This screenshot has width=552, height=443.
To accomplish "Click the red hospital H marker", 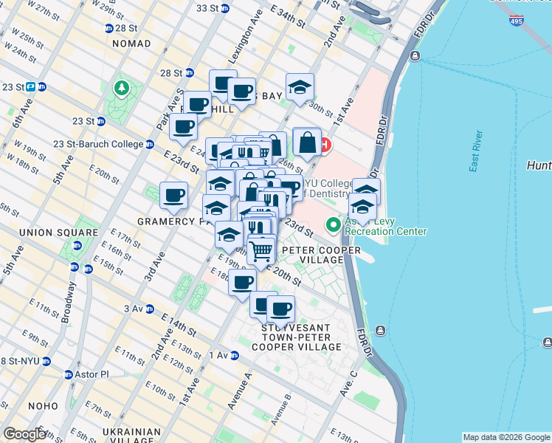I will pos(325,146).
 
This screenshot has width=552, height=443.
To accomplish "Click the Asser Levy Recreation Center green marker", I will pos(334,223).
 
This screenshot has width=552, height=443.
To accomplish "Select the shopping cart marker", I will pos(261,251).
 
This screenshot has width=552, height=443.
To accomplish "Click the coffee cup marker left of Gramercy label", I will pos(173,196).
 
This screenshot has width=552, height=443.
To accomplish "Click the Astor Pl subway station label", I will pos(93,374).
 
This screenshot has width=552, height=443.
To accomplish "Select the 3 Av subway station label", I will pos(139,309).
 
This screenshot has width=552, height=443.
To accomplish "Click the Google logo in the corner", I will pos(24,434).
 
